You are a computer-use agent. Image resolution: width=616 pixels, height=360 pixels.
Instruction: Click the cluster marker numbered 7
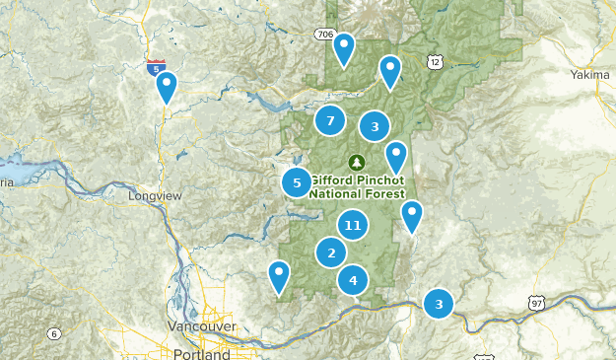[330, 121]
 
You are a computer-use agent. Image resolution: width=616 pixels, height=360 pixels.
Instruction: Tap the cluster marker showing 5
[297, 182]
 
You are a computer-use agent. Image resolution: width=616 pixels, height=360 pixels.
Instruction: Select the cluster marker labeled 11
[352, 226]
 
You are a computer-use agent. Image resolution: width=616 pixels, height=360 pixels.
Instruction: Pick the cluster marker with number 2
[331, 253]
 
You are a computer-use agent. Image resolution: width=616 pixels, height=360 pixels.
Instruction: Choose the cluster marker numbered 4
[353, 281]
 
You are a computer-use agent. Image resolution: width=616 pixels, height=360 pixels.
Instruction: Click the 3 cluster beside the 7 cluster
[375, 126]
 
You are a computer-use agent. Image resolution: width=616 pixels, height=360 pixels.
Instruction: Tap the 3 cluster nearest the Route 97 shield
[439, 304]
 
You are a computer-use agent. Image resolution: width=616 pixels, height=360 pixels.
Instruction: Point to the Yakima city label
[591, 75]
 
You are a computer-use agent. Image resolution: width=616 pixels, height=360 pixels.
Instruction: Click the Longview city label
[156, 196]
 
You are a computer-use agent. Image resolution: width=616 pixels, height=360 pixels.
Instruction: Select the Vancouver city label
[201, 326]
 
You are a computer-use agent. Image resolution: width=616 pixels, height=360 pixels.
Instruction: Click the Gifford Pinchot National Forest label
[356, 187]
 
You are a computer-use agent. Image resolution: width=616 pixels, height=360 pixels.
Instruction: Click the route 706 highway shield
[325, 35]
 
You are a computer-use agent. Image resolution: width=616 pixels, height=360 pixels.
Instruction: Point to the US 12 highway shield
[435, 62]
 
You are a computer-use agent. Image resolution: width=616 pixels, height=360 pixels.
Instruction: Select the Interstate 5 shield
[155, 68]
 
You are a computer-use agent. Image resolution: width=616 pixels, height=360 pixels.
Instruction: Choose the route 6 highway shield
[54, 333]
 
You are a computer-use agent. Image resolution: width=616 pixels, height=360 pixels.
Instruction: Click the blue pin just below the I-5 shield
[168, 88]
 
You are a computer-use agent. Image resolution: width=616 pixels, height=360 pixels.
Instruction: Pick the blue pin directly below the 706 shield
[344, 48]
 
